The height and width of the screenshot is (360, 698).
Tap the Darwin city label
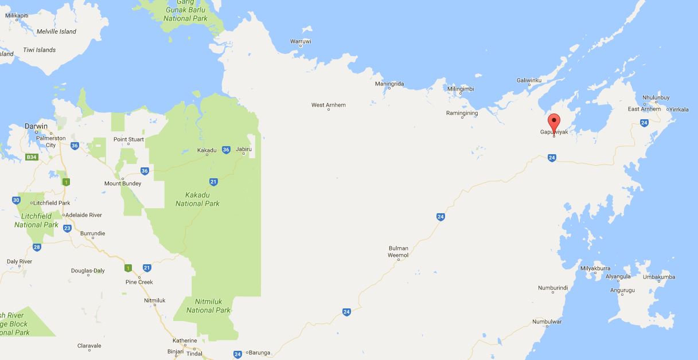(36, 126)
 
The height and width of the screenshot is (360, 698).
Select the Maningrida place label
(389, 84)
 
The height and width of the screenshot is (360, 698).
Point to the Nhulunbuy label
(656, 98)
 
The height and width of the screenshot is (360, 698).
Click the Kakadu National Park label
(197, 199)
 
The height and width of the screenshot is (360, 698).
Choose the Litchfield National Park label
(36, 220)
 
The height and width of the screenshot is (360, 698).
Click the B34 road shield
(32, 156)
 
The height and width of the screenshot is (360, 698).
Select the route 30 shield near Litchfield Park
(15, 200)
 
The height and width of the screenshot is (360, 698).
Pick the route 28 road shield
(37, 248)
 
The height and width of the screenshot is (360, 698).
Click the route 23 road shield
(67, 228)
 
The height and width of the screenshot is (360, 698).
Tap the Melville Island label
(56, 32)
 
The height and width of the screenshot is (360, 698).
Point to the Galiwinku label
(529, 80)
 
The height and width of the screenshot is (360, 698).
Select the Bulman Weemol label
(398, 252)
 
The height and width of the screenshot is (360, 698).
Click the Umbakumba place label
(659, 277)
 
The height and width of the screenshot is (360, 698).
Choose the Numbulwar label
(547, 322)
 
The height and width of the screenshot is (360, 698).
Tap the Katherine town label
(185, 341)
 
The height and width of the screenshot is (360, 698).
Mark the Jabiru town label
(244, 149)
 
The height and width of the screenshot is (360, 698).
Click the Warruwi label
(301, 42)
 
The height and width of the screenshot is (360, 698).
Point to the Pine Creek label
(139, 282)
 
